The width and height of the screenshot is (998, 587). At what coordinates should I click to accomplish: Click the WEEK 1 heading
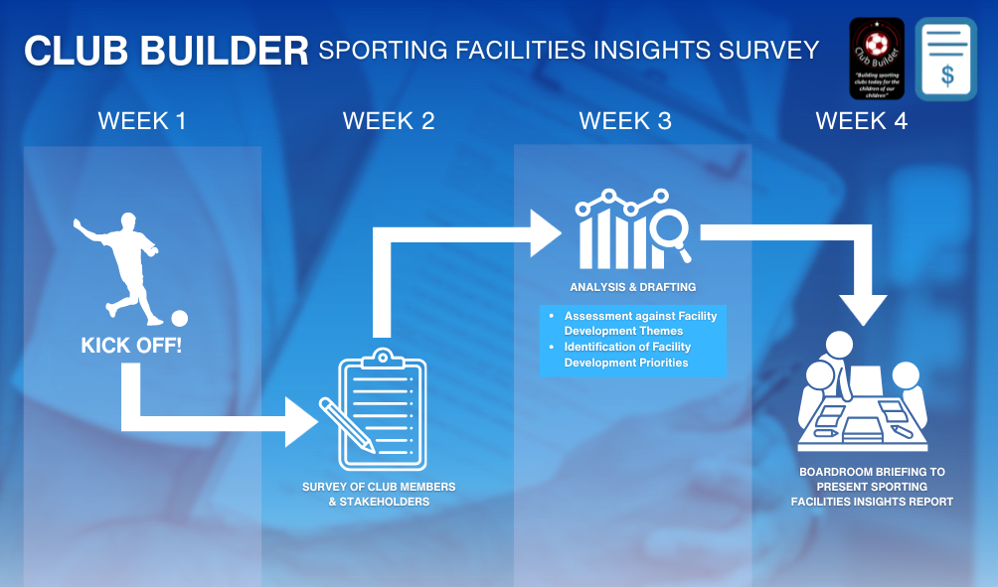tap(142, 121)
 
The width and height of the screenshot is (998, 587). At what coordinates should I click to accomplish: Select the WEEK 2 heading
tap(389, 121)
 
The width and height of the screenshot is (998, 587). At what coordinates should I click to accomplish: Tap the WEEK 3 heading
tap(625, 121)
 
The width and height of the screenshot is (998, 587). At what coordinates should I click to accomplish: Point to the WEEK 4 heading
tap(861, 121)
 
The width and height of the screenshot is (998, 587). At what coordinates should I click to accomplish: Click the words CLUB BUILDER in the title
tap(166, 51)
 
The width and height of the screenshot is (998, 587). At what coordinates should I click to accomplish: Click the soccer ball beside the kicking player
tap(179, 318)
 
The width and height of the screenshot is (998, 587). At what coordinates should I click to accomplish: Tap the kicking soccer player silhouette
tap(119, 263)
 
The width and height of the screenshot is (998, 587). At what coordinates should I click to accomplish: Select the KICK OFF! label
tap(131, 347)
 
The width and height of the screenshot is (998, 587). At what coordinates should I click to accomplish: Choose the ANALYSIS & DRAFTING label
tap(633, 287)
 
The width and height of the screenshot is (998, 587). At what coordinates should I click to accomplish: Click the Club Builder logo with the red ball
tap(877, 59)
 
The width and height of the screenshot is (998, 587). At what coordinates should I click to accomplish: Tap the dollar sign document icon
tap(945, 59)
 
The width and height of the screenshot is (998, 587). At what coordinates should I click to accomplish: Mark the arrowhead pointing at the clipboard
tap(300, 422)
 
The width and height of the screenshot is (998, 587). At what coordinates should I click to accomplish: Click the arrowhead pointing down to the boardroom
tap(862, 308)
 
